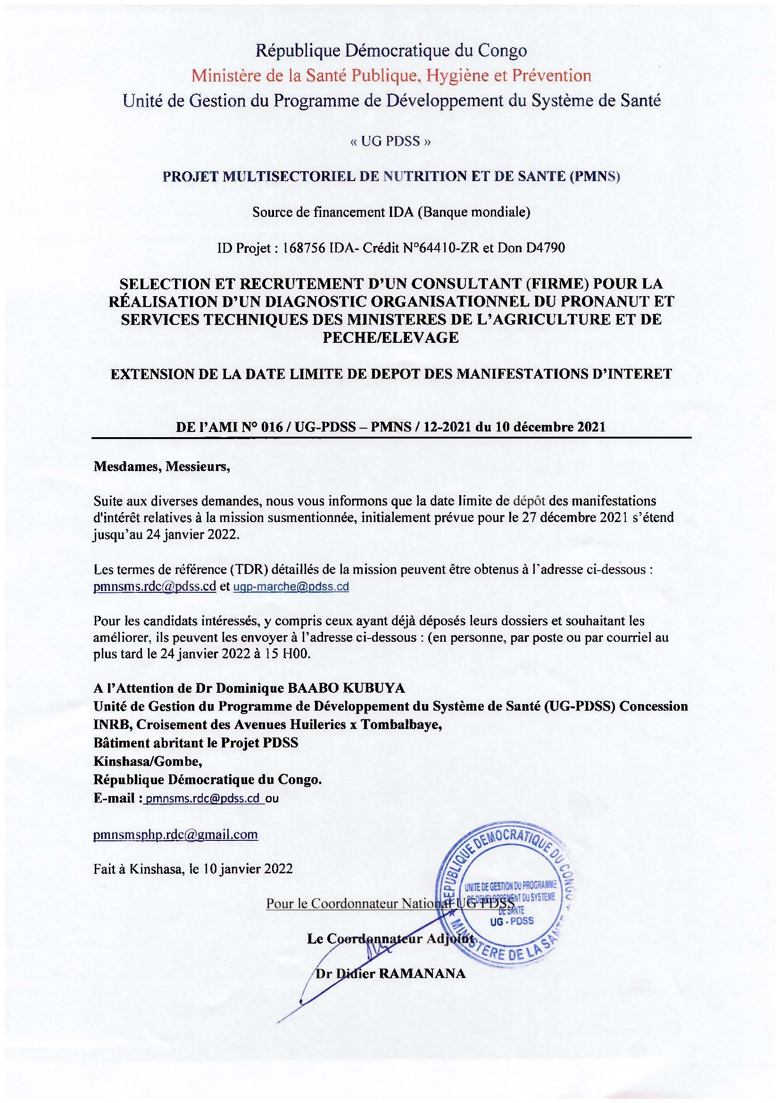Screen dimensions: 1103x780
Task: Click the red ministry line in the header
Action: pos(391,75)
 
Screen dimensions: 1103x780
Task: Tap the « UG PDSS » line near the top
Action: pos(390,141)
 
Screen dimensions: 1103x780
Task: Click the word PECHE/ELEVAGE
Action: pos(390,338)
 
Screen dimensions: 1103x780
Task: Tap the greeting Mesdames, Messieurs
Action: pos(162,466)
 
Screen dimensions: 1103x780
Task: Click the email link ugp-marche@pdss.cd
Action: pos(290,587)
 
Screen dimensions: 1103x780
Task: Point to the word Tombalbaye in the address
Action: pos(401,724)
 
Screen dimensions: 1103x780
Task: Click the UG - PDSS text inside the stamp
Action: pos(512,921)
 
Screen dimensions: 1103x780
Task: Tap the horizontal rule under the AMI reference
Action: pos(391,438)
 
